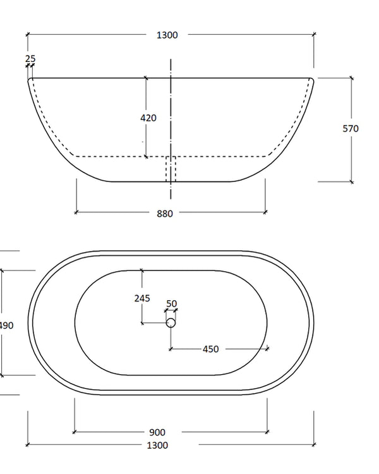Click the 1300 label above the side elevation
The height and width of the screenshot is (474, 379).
point(167,35)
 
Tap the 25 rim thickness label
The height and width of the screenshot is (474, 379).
point(30,59)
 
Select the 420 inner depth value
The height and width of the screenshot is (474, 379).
point(148,118)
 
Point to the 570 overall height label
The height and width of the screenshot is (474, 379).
point(351,128)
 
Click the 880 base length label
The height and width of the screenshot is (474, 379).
point(164,214)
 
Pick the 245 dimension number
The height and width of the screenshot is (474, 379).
point(142,298)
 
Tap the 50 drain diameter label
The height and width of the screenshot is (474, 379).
point(171,303)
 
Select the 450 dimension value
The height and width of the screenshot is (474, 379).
point(210,349)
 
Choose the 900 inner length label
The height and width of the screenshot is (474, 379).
point(157,432)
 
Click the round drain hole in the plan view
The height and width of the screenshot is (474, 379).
point(171,323)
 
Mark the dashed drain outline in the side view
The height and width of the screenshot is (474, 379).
point(171,168)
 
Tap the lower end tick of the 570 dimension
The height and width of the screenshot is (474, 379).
point(351,181)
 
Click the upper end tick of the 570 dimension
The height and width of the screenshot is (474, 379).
point(351,78)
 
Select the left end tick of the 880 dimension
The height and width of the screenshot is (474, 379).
point(76,212)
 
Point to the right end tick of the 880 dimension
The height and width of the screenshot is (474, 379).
point(265,212)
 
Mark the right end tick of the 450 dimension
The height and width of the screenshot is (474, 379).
point(268,348)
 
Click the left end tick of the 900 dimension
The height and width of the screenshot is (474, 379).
point(75,432)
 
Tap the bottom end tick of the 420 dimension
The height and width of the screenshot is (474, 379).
point(146,156)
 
